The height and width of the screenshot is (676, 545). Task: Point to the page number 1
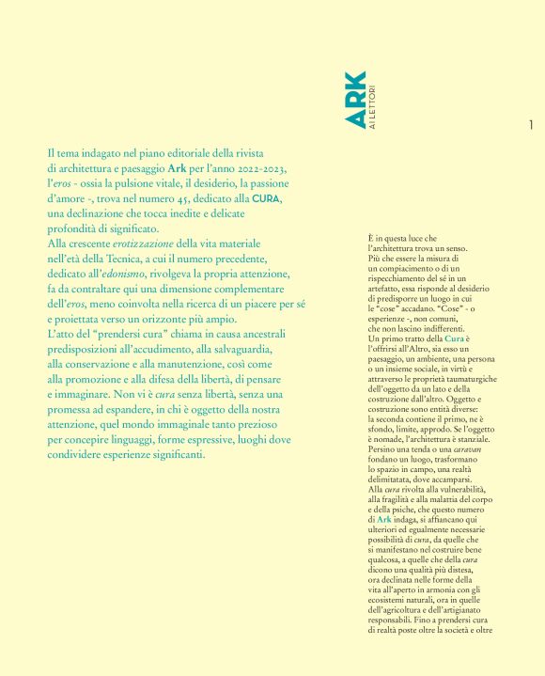532,125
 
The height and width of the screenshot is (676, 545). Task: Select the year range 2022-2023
255,168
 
